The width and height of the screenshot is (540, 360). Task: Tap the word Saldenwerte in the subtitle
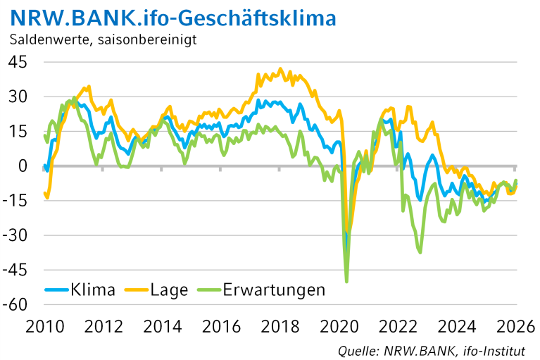coord(48,39)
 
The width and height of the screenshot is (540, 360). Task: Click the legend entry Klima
coord(92,290)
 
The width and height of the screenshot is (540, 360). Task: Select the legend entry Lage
coord(169,290)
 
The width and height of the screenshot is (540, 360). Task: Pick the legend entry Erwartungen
coord(273,290)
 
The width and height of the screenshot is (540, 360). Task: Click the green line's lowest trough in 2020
coord(346,281)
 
